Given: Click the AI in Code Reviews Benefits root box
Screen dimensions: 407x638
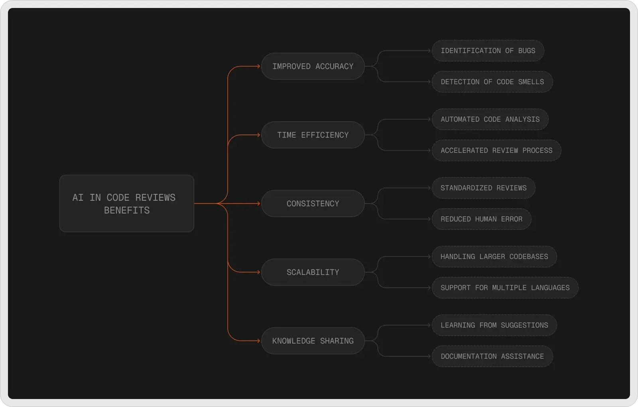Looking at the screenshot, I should [x=126, y=203].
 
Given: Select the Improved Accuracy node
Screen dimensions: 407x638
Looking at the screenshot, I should [x=313, y=66].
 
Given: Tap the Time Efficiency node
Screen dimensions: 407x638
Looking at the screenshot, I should [x=313, y=135].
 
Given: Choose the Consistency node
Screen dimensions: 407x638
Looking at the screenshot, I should [x=313, y=203].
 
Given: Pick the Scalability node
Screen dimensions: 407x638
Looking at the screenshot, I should [x=313, y=272].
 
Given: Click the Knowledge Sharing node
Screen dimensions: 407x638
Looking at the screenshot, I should [x=313, y=341].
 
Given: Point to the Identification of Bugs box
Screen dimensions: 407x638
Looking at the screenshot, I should [x=488, y=51].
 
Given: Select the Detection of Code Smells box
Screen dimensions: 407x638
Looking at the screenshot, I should [x=492, y=82].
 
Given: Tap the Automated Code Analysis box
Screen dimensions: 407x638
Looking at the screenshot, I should [x=490, y=119].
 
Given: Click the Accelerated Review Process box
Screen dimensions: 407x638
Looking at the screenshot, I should [x=496, y=150].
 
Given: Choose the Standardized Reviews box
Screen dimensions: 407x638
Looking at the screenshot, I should [x=483, y=188].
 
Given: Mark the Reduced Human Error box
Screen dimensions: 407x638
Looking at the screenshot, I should [x=481, y=219].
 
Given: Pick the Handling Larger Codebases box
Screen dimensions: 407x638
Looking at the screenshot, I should [x=494, y=257].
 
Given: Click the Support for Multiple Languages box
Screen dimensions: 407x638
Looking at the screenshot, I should [x=505, y=288].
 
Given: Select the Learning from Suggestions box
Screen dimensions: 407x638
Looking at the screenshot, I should [x=494, y=325].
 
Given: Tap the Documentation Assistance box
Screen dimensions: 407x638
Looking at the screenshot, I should [x=492, y=356].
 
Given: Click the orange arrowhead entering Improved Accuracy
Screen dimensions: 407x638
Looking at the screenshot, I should [x=258, y=66].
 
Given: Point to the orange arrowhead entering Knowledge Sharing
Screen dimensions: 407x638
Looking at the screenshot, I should [x=258, y=341].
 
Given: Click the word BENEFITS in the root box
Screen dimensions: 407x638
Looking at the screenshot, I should [x=127, y=210].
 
